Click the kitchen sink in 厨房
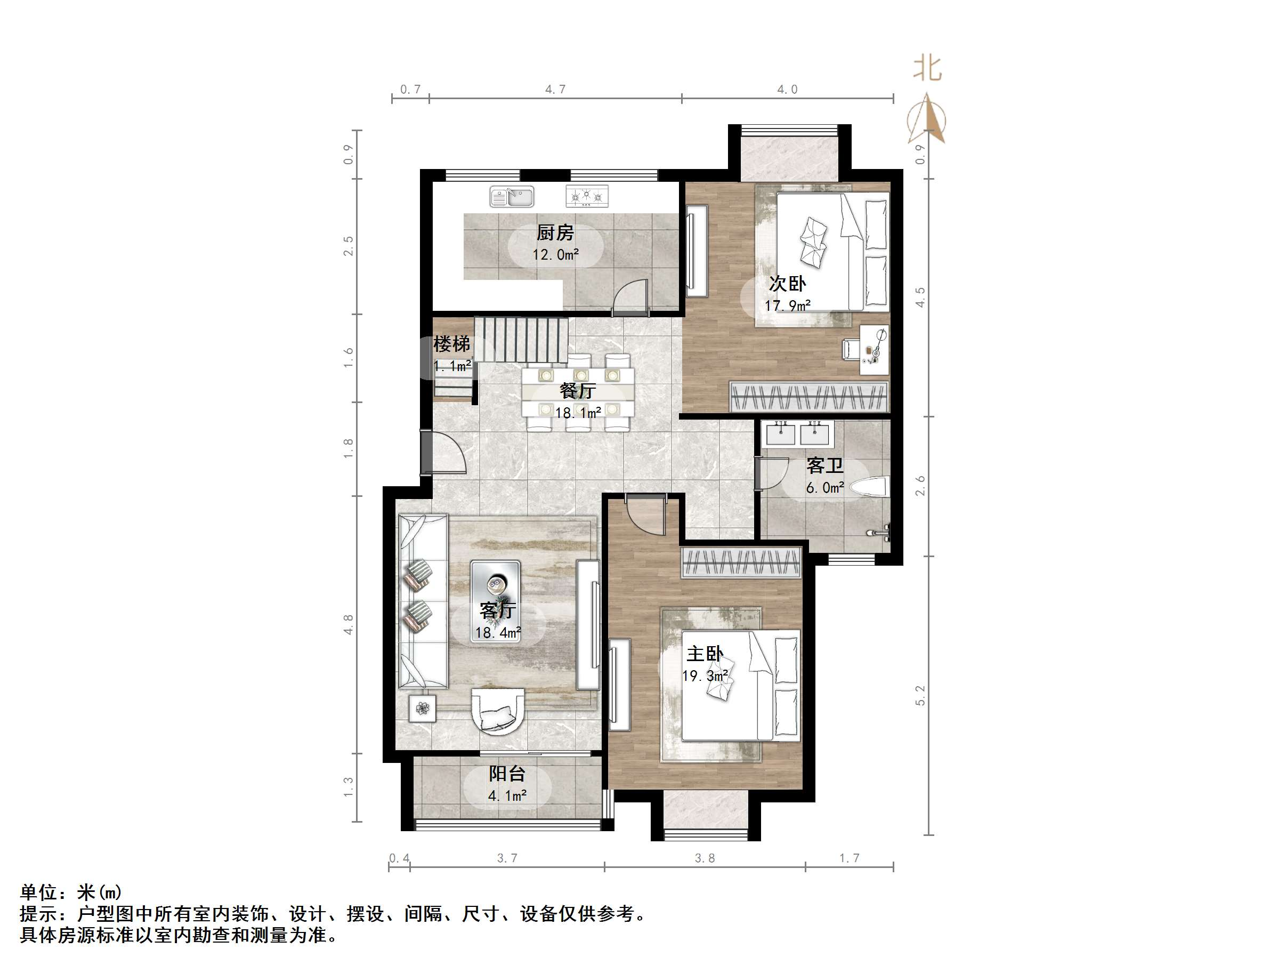(512, 197)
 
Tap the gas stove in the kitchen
(587, 196)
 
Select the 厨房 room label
(555, 233)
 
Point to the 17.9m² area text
(787, 305)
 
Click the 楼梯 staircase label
(451, 344)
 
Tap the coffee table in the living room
(495, 601)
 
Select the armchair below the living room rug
(498, 712)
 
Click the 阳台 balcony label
(506, 774)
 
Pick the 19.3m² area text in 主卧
(705, 676)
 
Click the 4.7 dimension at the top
(555, 90)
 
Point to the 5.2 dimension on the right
(920, 695)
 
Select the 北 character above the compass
(927, 69)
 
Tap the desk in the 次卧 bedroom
(874, 350)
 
